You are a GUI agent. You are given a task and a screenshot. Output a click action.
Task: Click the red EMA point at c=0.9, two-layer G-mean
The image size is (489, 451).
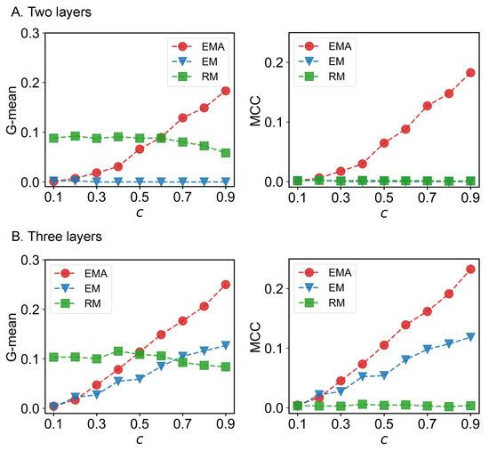pos(226,91)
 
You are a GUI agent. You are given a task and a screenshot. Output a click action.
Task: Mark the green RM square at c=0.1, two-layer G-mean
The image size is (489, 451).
pos(54,138)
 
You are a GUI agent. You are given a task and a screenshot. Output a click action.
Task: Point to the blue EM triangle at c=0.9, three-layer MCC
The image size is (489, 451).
pos(470,337)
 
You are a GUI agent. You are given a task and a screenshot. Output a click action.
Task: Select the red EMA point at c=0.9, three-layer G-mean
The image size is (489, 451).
pos(226,285)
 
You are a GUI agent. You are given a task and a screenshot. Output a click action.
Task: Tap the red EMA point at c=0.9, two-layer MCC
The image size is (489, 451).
pos(470,73)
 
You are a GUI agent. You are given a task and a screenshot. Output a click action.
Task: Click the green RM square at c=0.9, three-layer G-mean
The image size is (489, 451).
pos(226,366)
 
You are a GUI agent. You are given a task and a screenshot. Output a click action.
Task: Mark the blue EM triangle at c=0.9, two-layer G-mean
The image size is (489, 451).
pos(226,181)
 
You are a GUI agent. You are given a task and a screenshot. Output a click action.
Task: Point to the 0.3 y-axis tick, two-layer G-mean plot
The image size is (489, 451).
pos(29,33)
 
